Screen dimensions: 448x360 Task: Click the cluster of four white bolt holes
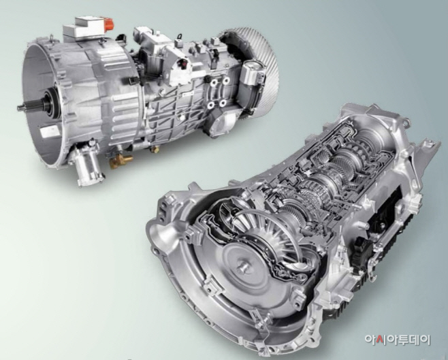point(219,93)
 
